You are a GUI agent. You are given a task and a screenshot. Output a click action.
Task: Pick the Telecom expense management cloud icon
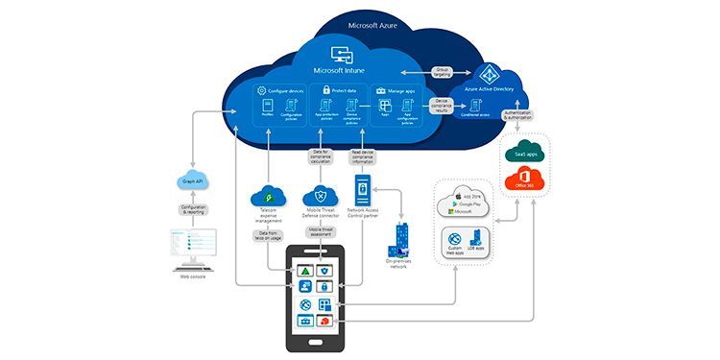pos(264,196)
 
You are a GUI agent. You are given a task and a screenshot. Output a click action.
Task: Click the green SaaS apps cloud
pos(525,155)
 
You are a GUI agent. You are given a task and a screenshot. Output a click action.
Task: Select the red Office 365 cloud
pos(525,180)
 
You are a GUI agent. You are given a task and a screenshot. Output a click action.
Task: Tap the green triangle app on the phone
pos(303,271)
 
